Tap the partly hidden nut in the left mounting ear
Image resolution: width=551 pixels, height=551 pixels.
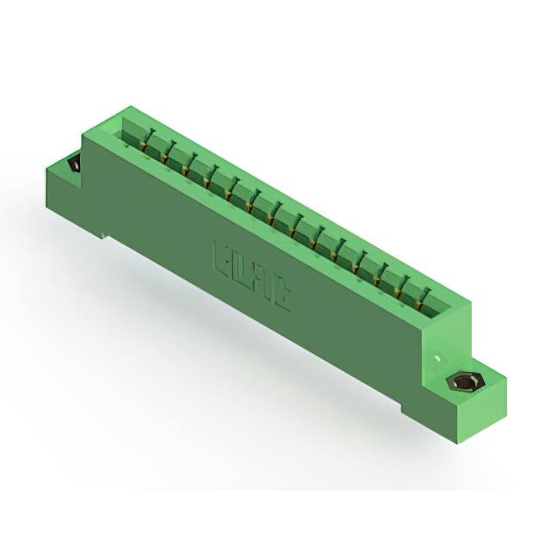click(x=74, y=163)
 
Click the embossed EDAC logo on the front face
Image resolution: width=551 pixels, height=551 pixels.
click(x=251, y=275)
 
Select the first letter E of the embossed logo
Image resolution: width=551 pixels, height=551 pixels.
click(x=221, y=257)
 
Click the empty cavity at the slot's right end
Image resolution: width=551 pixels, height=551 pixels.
click(x=439, y=305)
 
